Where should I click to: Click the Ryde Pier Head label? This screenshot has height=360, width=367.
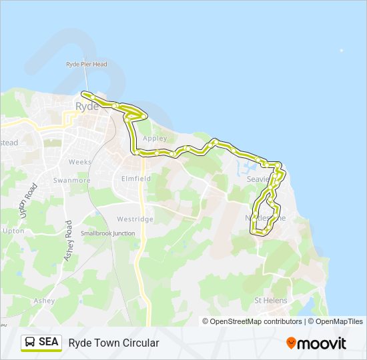86,64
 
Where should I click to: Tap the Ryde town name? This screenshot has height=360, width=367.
87,106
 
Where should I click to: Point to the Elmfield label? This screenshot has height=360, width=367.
136,179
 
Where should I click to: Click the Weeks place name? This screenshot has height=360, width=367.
79,162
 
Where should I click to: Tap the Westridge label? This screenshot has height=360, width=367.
135,219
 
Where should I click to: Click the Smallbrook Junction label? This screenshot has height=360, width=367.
107,233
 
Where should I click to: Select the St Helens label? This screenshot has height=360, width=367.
271,301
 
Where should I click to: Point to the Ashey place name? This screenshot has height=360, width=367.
43,301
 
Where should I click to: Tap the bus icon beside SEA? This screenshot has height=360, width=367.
31,342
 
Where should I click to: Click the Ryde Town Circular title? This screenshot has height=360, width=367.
113,343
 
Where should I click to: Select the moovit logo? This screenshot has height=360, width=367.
316,343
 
